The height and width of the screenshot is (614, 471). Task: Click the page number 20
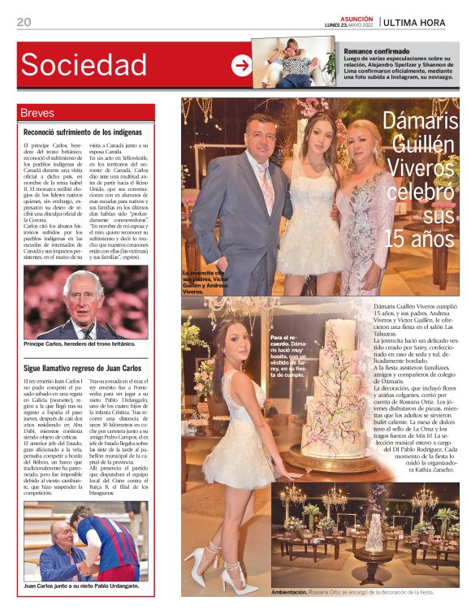[24, 22]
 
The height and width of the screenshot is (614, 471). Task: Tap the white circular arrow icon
[241, 66]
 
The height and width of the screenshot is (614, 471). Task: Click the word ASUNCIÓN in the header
[356, 17]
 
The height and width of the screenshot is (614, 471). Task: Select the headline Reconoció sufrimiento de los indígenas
[83, 132]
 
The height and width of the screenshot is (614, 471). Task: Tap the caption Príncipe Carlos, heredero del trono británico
[81, 344]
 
